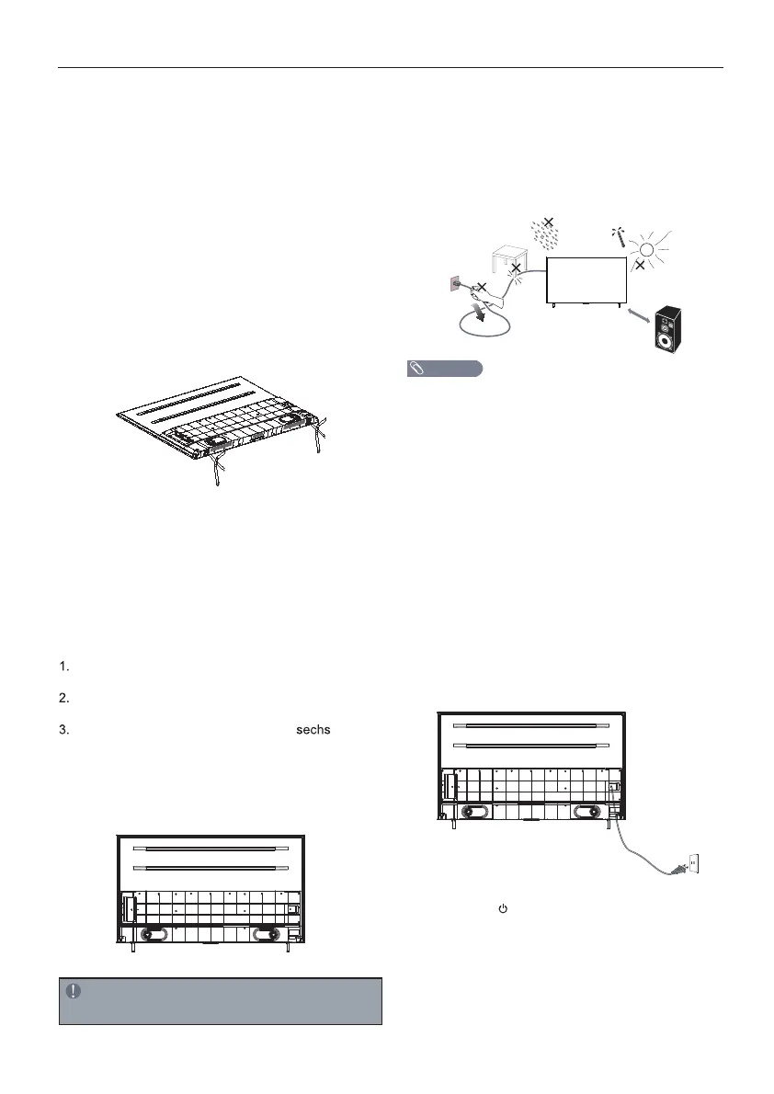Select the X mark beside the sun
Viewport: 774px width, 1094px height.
pyautogui.click(x=640, y=265)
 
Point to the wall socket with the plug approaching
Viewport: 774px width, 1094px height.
pyautogui.click(x=693, y=863)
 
